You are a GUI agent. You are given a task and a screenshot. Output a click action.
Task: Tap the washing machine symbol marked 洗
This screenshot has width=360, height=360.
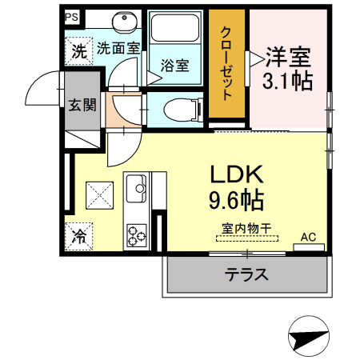pyautogui.click(x=79, y=51)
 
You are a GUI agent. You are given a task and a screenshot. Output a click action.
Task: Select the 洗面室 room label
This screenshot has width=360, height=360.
pyautogui.click(x=118, y=48)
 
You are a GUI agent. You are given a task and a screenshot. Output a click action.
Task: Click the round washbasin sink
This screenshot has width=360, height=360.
pyautogui.click(x=124, y=23)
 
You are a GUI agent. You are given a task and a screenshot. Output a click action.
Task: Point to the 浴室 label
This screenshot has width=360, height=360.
pyautogui.click(x=175, y=65)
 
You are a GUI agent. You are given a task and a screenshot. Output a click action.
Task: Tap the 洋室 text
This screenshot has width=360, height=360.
pyautogui.click(x=288, y=58)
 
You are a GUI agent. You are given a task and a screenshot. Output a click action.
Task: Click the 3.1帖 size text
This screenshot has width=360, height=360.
pyautogui.click(x=287, y=81)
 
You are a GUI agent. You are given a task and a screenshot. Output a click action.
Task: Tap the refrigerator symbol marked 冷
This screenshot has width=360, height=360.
pyautogui.click(x=80, y=236)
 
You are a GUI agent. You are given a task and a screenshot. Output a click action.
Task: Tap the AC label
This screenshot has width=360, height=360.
pyautogui.click(x=309, y=237)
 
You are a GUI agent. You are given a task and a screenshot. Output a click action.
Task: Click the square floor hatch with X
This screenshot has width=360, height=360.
pyautogui.click(x=101, y=194)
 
